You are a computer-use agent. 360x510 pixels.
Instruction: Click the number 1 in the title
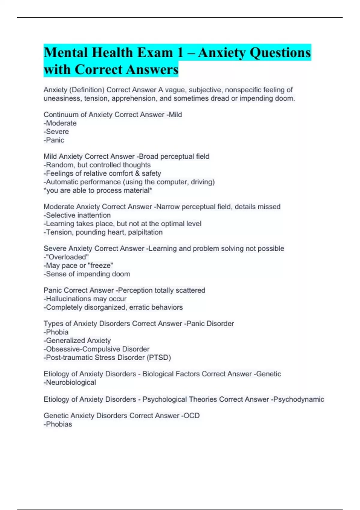pyautogui.click(x=180, y=53)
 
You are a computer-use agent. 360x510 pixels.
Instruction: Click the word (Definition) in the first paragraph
pyautogui.click(x=87, y=90)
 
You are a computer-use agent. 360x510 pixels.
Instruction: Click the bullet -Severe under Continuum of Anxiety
pyautogui.click(x=56, y=132)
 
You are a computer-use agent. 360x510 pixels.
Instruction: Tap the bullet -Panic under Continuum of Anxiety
pyautogui.click(x=54, y=140)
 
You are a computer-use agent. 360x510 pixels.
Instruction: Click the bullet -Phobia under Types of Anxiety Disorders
pyautogui.click(x=56, y=332)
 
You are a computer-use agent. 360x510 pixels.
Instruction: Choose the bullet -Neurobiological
pyautogui.click(x=70, y=382)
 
